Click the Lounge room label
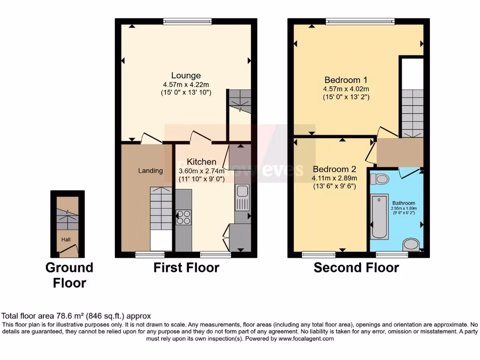[186, 75]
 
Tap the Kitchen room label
[202, 162]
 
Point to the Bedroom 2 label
[335, 169]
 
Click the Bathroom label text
[404, 203]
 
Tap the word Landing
[150, 171]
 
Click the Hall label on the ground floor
[66, 240]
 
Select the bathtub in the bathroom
[379, 217]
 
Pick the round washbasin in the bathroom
[412, 244]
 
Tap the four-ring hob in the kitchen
[183, 217]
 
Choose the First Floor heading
[186, 268]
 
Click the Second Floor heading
[356, 268]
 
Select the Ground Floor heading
[69, 275]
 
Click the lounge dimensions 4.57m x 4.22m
[186, 84]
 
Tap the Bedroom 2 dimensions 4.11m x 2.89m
[335, 178]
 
